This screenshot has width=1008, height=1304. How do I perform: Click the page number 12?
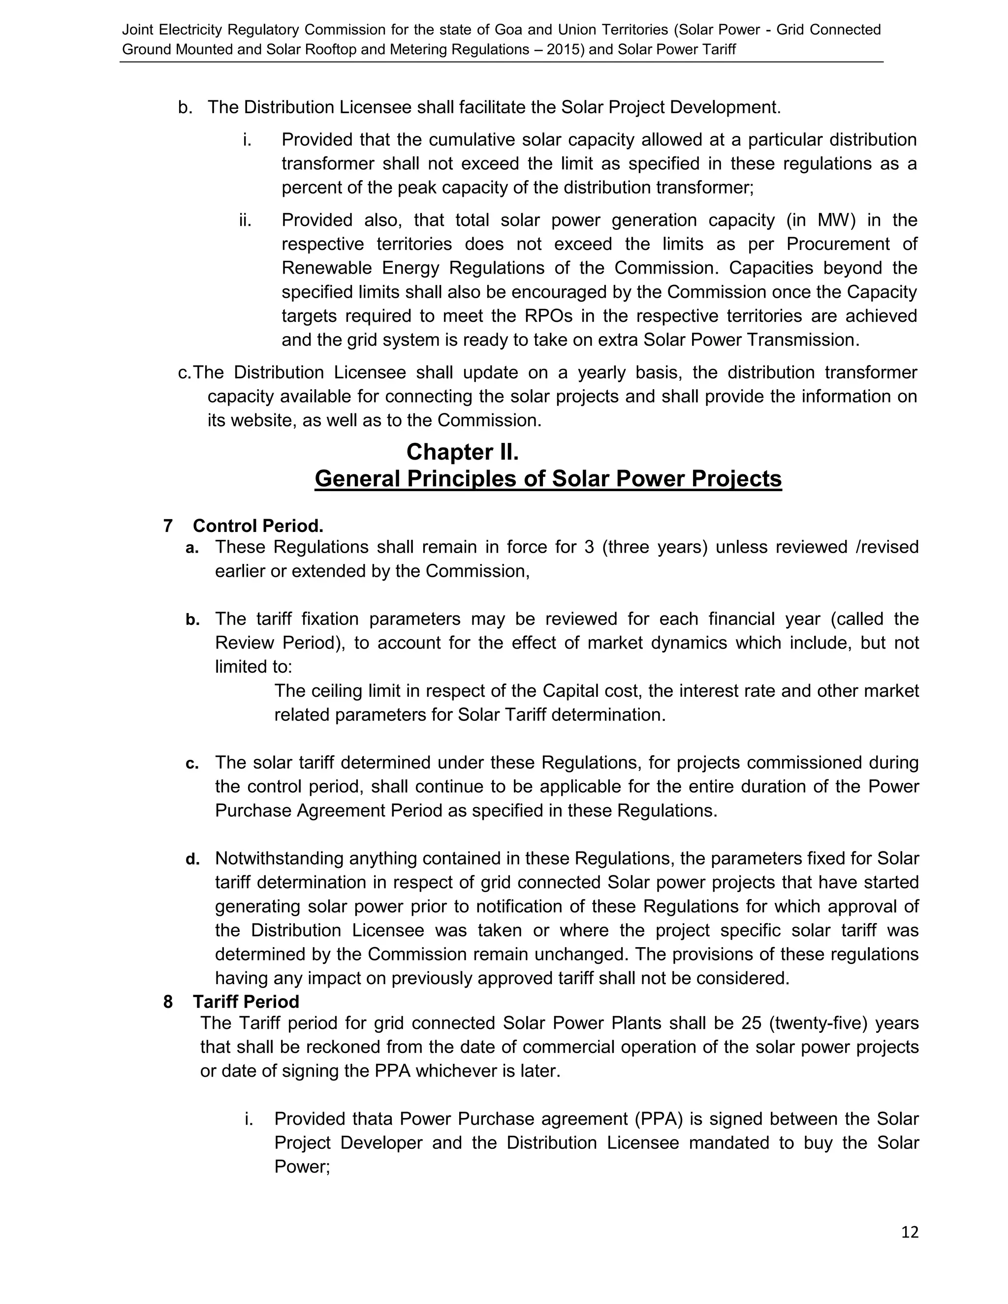(x=910, y=1232)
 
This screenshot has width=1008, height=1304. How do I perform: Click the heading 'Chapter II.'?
(x=462, y=452)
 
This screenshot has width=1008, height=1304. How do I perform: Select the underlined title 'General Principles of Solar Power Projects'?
(x=548, y=479)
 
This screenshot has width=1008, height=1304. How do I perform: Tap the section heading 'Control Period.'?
(x=258, y=526)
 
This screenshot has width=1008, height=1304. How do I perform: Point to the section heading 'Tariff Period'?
(x=246, y=1002)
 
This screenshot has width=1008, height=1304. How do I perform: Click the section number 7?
(x=168, y=526)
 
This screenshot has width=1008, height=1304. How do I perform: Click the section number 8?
(x=168, y=1002)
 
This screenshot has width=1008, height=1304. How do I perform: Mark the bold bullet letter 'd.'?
(x=192, y=859)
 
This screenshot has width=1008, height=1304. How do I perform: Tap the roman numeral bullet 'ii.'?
(x=245, y=220)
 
